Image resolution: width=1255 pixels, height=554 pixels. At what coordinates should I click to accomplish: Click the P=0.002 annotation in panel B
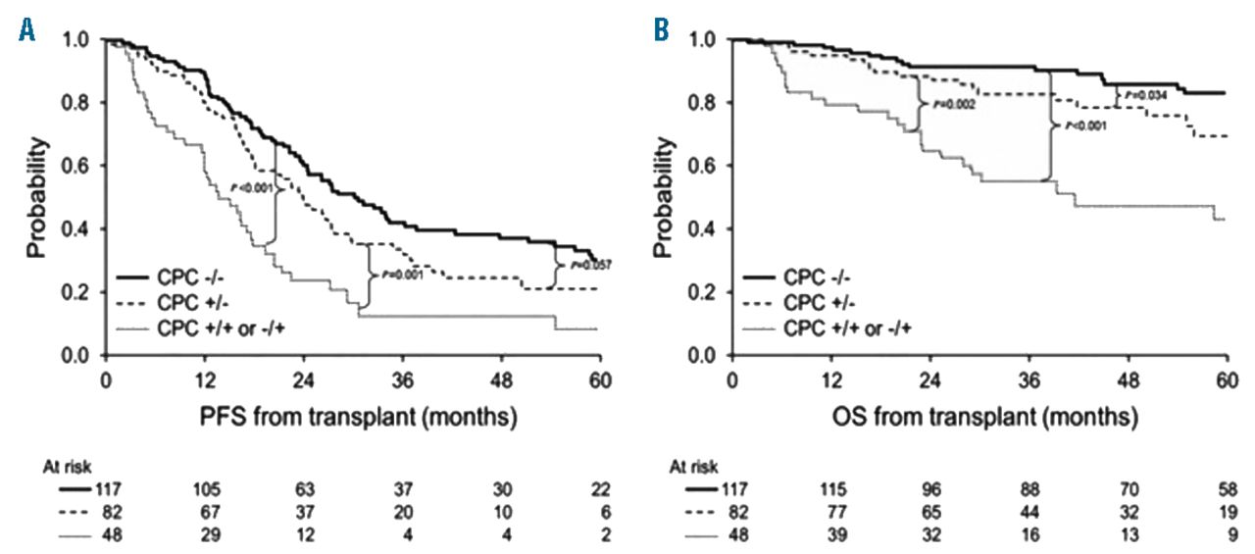pos(945,104)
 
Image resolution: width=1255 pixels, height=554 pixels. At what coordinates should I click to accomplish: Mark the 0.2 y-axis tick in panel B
pos(705,292)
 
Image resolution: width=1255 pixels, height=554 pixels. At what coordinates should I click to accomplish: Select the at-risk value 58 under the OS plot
pos(1227,490)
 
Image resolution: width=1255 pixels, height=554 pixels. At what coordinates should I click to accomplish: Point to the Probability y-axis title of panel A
pos(37,197)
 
